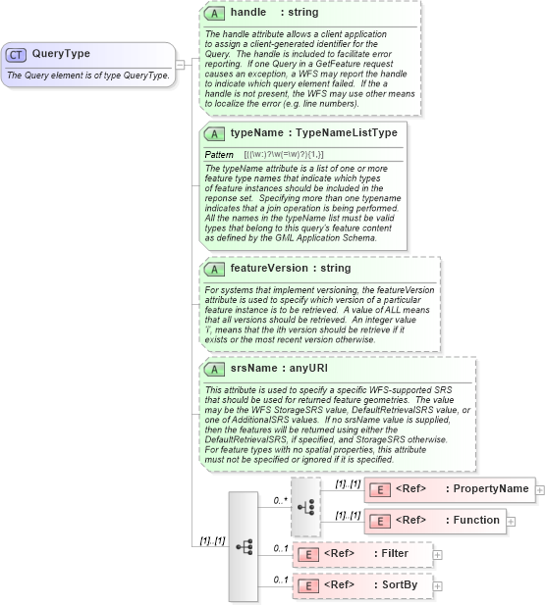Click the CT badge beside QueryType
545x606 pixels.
pos(18,54)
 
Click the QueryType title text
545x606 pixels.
pos(60,54)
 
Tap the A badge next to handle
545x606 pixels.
pos(214,14)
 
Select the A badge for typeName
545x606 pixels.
pos(214,132)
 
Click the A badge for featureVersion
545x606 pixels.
pos(214,269)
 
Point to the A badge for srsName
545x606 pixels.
pos(214,369)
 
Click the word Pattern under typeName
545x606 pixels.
pos(219,155)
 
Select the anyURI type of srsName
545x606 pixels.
pos(306,369)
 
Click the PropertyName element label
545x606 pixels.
pos(492,488)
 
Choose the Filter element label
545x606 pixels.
pos(395,554)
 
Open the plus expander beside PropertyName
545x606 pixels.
pos(539,489)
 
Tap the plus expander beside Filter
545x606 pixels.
pos(437,555)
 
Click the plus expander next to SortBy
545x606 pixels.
pos(437,586)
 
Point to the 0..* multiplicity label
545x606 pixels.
pos(280,501)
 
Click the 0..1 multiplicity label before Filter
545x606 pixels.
pos(280,548)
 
